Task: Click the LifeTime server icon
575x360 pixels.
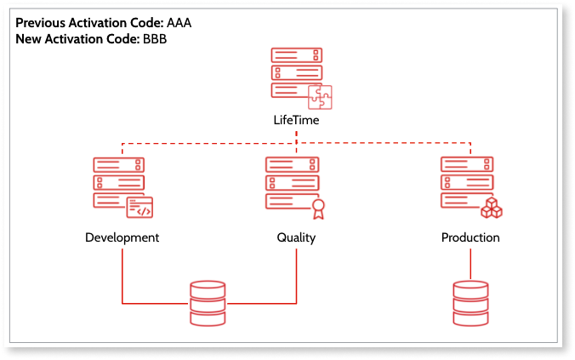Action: [297, 77]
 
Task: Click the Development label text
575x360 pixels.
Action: [122, 237]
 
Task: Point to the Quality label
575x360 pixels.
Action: [296, 237]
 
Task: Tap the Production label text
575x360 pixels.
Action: [470, 237]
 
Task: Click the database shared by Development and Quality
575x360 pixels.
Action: [208, 303]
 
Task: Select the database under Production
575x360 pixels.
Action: [470, 303]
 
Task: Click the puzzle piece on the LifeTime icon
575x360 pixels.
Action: [319, 98]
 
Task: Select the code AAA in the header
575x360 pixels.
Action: [179, 23]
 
